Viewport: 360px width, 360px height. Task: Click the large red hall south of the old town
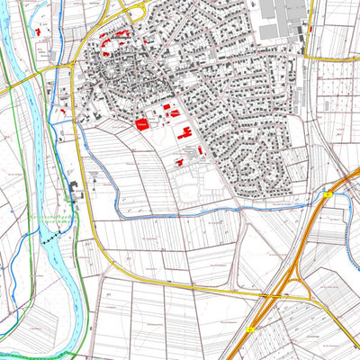point(141,124)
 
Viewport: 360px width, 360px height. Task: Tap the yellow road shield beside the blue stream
point(328,193)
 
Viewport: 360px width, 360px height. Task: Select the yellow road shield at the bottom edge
point(250,329)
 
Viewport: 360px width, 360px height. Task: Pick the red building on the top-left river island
point(40,31)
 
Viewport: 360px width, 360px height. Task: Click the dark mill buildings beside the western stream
point(74,190)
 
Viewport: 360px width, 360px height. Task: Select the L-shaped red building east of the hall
point(185,133)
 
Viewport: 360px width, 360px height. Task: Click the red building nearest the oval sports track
point(179,163)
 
